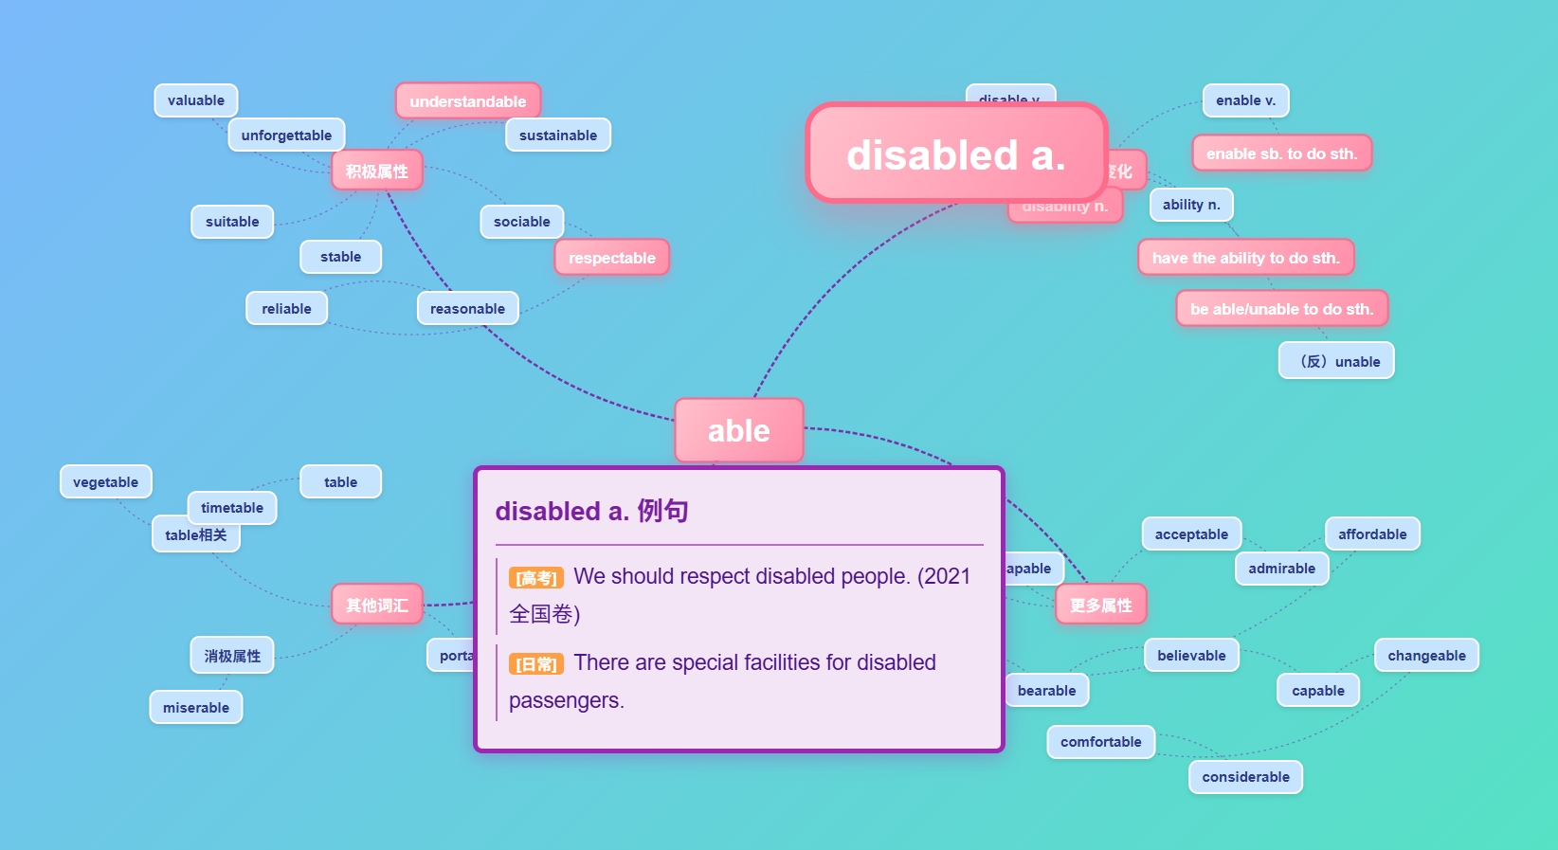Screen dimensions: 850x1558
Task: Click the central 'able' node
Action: (x=738, y=430)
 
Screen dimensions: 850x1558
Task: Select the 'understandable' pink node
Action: (x=467, y=101)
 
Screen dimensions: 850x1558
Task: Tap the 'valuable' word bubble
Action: (x=196, y=100)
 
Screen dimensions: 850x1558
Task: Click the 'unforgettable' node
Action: (x=286, y=136)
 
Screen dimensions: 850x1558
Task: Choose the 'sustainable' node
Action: (x=558, y=136)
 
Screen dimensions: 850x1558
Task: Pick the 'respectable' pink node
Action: (x=611, y=258)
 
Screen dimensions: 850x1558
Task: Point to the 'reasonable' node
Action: (x=467, y=309)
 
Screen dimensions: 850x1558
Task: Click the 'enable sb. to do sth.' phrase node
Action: (x=1281, y=154)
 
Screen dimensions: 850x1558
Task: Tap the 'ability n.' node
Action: (x=1191, y=205)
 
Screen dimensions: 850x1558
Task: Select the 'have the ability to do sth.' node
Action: (x=1245, y=258)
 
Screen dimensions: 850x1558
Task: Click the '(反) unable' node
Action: (x=1336, y=361)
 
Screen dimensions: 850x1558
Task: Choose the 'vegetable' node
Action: (x=105, y=482)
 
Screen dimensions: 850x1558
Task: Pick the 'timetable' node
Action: (x=232, y=508)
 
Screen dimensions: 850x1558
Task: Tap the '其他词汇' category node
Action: (x=376, y=605)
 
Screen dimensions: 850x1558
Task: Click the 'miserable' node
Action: (x=196, y=708)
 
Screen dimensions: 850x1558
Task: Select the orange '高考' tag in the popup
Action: (x=536, y=578)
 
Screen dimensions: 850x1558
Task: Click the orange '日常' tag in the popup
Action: (x=536, y=664)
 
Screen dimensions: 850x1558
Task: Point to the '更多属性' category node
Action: (x=1100, y=605)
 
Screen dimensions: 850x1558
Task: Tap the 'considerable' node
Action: (x=1245, y=777)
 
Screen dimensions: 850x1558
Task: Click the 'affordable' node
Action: (x=1372, y=534)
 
